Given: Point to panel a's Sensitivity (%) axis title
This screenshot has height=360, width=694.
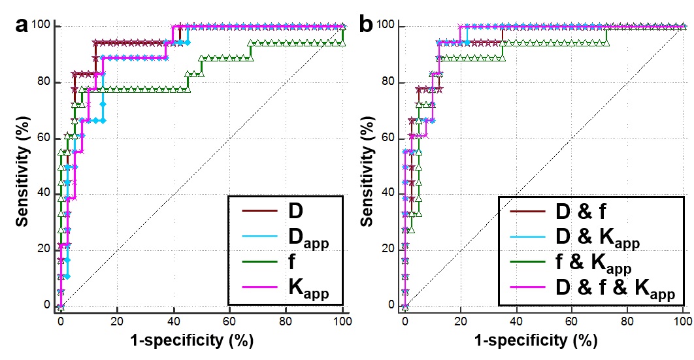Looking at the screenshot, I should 23,167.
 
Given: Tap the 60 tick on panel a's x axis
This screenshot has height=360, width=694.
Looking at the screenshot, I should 229,321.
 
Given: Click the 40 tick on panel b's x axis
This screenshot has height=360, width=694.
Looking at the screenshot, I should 516,321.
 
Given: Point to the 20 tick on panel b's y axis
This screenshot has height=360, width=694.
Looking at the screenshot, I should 391,249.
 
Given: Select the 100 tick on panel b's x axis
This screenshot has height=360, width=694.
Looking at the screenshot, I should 681,321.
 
